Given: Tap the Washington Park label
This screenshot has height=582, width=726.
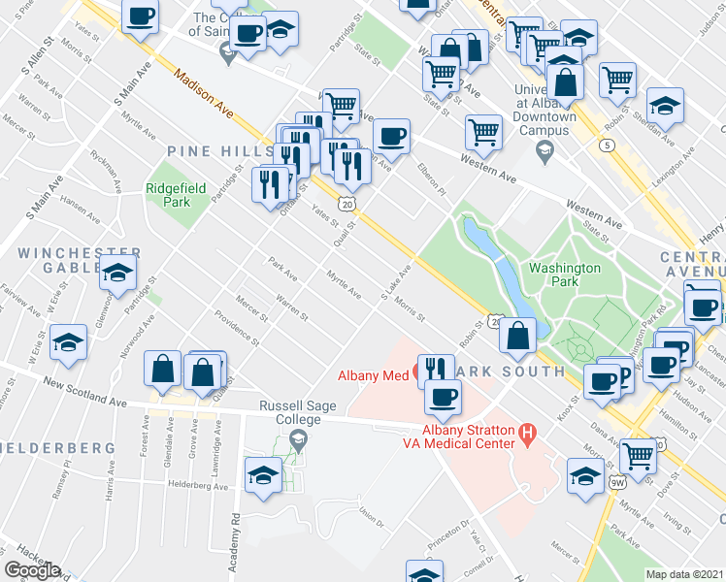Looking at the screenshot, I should [565, 275].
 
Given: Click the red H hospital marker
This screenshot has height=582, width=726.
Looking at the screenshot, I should [528, 432].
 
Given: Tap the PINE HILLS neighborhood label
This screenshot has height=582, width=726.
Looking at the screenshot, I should [220, 152].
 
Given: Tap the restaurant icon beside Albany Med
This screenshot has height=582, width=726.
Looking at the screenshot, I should [435, 369].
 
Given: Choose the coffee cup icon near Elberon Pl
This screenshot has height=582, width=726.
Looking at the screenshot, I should [390, 136].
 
